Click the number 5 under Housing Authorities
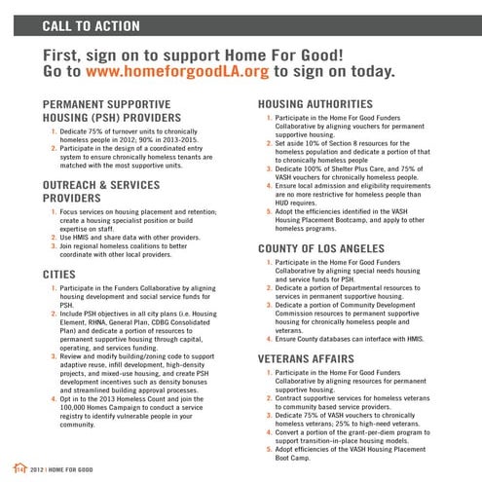click(270, 210)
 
